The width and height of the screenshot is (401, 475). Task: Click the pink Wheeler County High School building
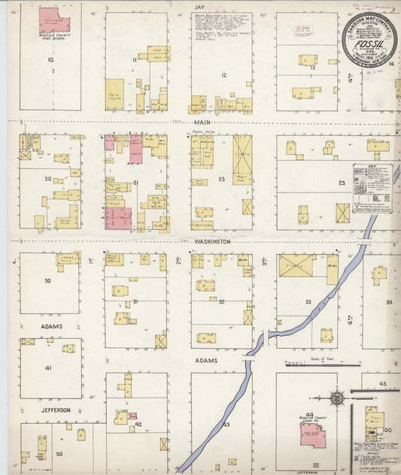(53, 20)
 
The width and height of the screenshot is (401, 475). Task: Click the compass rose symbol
(337, 397)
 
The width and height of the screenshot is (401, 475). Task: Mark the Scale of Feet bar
(317, 365)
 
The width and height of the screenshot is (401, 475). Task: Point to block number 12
(223, 74)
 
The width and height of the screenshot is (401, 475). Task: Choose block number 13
(312, 68)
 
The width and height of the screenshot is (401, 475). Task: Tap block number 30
(48, 280)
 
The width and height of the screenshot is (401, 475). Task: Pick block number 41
(48, 368)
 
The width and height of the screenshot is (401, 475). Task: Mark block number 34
(388, 302)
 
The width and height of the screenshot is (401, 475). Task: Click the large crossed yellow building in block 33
(297, 265)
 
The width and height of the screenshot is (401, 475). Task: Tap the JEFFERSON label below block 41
(56, 410)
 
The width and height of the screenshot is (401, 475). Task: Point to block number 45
(382, 384)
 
